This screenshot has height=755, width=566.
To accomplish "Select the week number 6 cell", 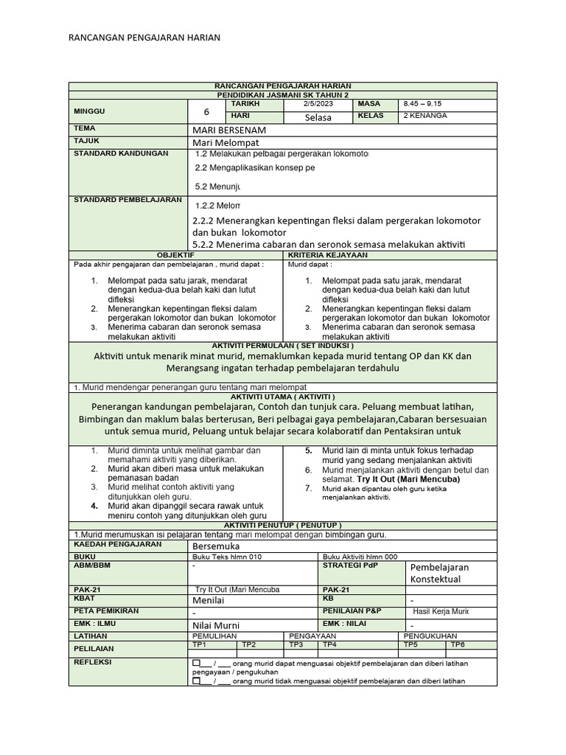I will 206,112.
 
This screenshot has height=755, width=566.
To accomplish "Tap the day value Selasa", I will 318,117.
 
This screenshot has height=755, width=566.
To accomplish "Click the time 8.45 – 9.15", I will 423,105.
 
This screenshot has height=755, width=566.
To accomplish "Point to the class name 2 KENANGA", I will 424,116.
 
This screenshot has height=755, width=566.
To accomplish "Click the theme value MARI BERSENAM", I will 228,130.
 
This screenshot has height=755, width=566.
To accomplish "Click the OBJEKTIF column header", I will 175,255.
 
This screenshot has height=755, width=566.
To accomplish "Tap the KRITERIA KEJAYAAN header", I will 390,255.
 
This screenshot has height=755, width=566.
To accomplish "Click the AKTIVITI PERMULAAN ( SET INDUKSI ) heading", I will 283,345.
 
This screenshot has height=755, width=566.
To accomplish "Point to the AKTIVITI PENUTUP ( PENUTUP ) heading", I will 283,525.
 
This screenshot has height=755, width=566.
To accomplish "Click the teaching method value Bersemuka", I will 215,546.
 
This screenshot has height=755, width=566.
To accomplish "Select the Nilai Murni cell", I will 217,625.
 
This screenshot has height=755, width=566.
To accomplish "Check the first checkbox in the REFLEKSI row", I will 197,664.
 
